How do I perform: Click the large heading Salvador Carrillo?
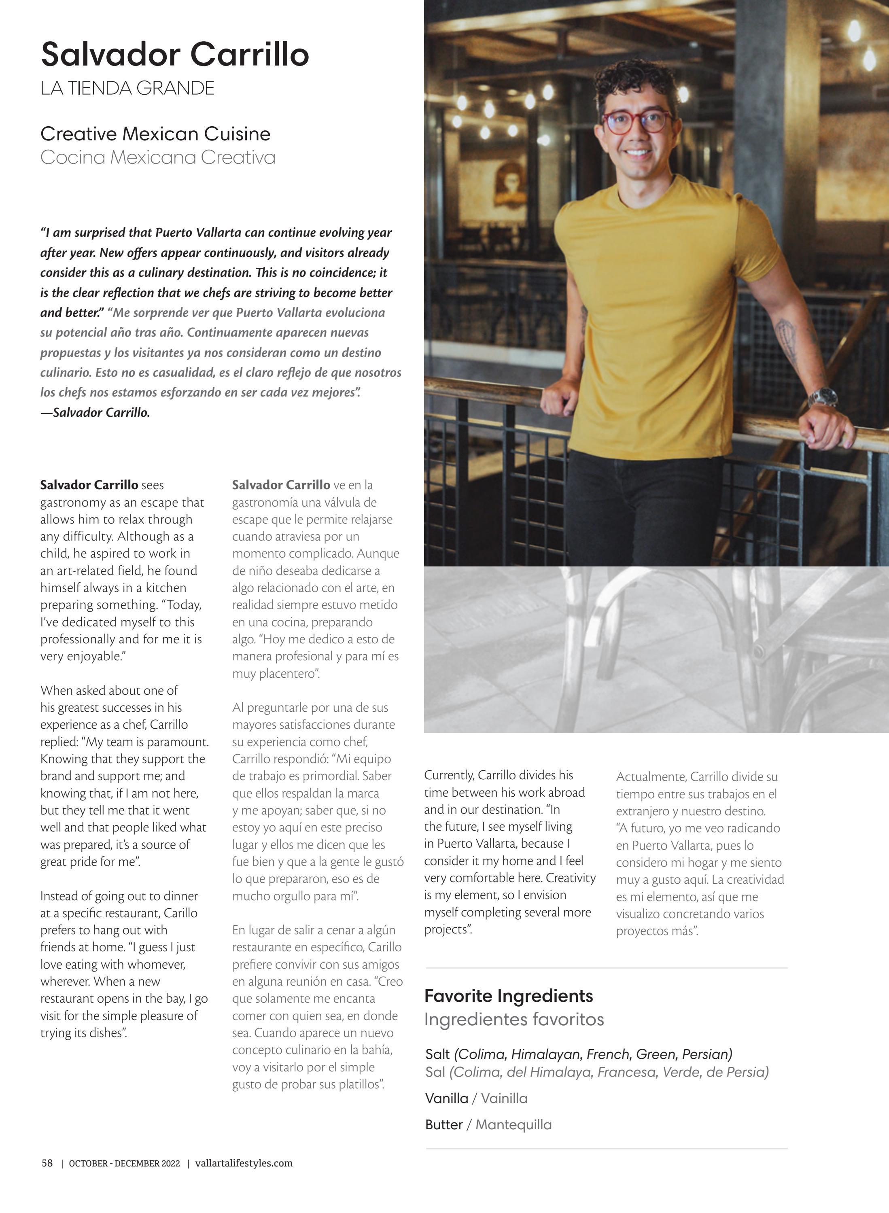click(175, 54)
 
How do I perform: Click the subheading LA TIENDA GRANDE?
click(127, 88)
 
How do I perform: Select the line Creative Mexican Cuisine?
click(155, 134)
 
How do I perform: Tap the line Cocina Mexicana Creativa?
click(158, 158)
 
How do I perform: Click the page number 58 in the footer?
click(47, 1163)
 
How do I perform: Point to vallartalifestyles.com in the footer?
click(244, 1163)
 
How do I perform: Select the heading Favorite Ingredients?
click(509, 996)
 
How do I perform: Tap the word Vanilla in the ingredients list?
click(447, 1098)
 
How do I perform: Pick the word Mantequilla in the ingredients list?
click(513, 1125)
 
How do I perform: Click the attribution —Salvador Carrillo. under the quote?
click(95, 413)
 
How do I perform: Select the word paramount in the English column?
click(181, 742)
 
